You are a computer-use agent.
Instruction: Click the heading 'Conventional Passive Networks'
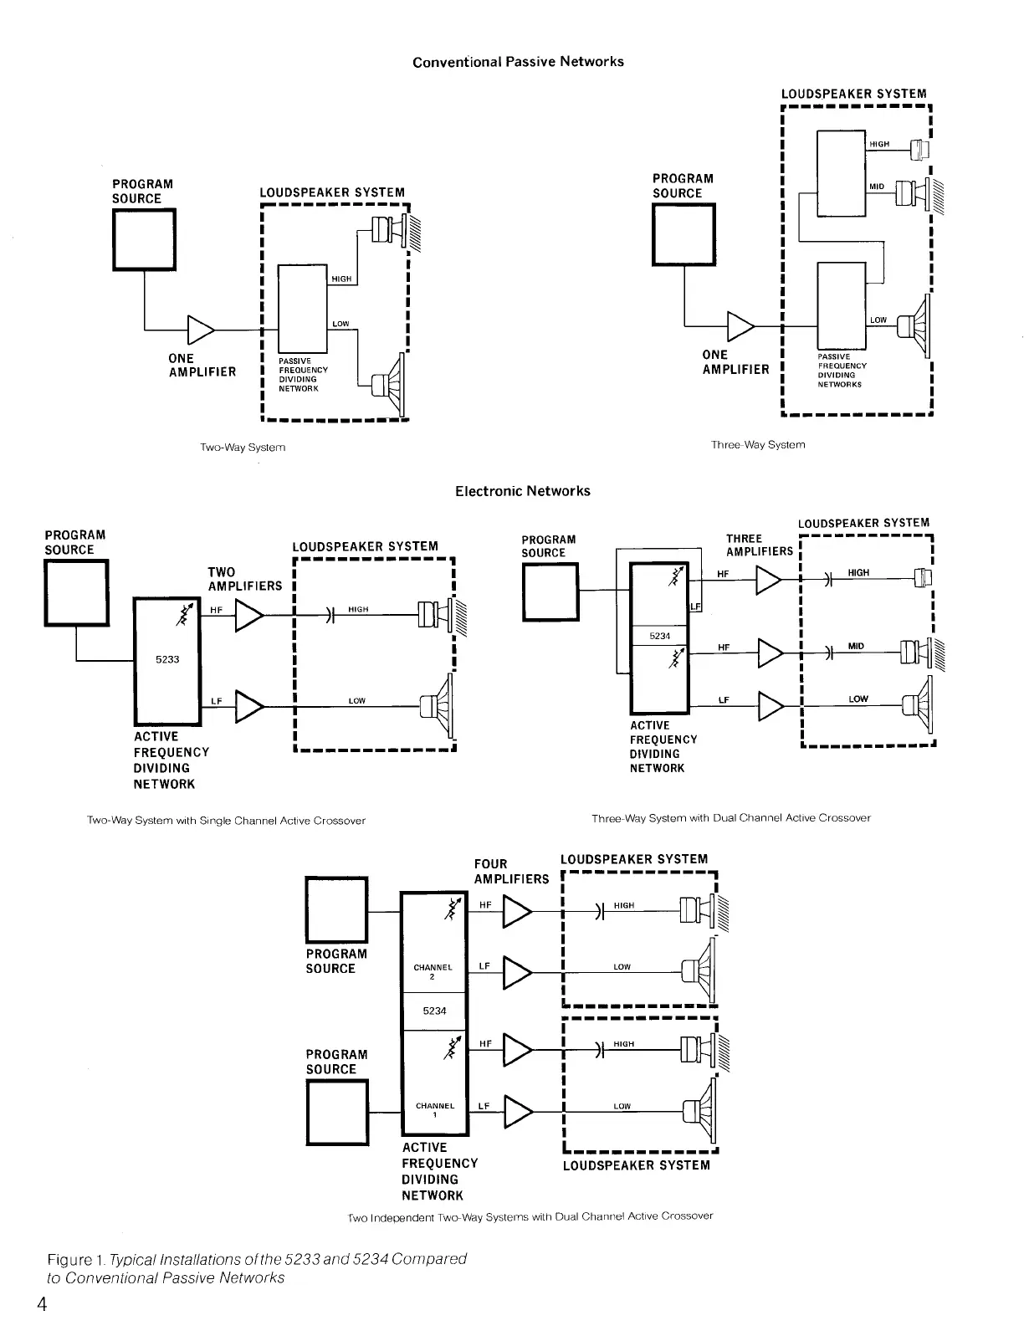518,62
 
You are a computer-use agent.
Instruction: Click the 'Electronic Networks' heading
522,491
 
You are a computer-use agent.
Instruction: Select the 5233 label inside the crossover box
167,659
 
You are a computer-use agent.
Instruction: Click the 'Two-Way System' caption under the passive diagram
243,448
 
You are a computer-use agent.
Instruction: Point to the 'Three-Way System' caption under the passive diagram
758,445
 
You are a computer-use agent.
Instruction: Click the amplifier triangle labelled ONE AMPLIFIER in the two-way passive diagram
201,330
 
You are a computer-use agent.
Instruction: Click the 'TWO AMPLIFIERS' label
244,579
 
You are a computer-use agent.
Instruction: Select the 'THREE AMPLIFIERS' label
759,545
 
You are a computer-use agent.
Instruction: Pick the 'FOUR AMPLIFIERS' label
511,871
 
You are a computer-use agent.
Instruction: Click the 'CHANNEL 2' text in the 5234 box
433,971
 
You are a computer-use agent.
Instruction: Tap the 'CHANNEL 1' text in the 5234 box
435,1109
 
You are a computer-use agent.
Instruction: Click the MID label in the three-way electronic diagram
856,647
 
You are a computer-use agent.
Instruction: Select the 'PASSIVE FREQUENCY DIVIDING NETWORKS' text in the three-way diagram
842,371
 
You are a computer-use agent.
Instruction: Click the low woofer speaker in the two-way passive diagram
390,384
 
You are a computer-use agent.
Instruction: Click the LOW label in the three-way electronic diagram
858,699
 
